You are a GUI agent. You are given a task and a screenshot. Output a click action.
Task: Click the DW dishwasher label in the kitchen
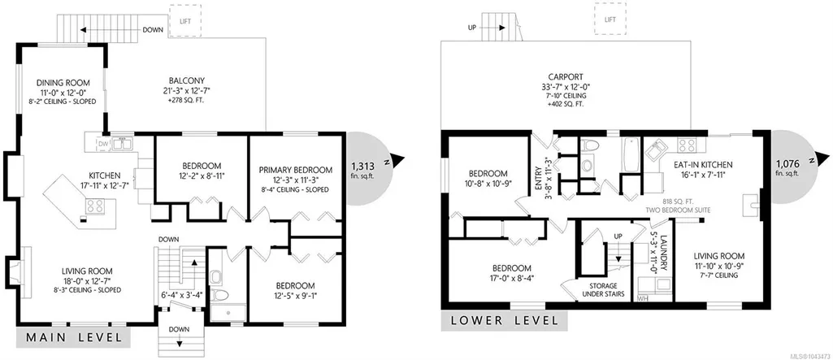point(103,143)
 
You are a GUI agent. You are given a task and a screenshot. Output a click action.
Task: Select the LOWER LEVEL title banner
point(504,321)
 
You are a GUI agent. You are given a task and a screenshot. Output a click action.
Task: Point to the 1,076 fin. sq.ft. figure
point(787,167)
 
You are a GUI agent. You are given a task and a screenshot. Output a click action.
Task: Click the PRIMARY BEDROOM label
point(296,170)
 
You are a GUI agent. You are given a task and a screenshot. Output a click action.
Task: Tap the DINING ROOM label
point(63,83)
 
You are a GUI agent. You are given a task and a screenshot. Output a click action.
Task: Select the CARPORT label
point(566,76)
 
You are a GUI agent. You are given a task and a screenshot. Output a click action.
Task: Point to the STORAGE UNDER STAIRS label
point(603,290)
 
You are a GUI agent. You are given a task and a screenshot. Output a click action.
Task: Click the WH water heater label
point(642,298)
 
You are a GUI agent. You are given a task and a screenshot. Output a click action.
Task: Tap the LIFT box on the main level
point(184,20)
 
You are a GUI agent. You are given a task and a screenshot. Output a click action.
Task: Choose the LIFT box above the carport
point(610,20)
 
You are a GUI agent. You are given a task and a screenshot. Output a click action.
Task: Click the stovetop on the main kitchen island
point(96,206)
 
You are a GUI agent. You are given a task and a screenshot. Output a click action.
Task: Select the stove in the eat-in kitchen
point(688,145)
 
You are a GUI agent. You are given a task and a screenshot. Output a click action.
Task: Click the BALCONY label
point(184,80)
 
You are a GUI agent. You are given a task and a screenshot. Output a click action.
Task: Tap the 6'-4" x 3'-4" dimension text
point(182,296)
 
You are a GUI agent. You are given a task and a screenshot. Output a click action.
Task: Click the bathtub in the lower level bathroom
point(631,154)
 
